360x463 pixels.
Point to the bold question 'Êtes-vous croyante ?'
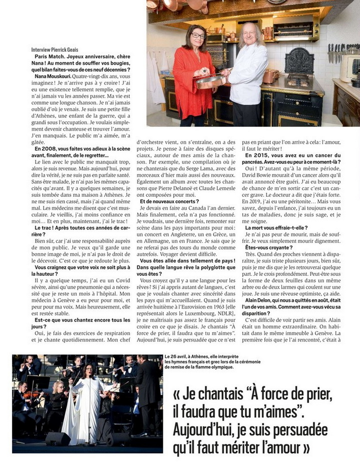click(x=269, y=247)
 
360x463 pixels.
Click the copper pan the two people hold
click(x=210, y=81)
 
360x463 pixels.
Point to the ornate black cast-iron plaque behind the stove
click(x=299, y=61)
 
